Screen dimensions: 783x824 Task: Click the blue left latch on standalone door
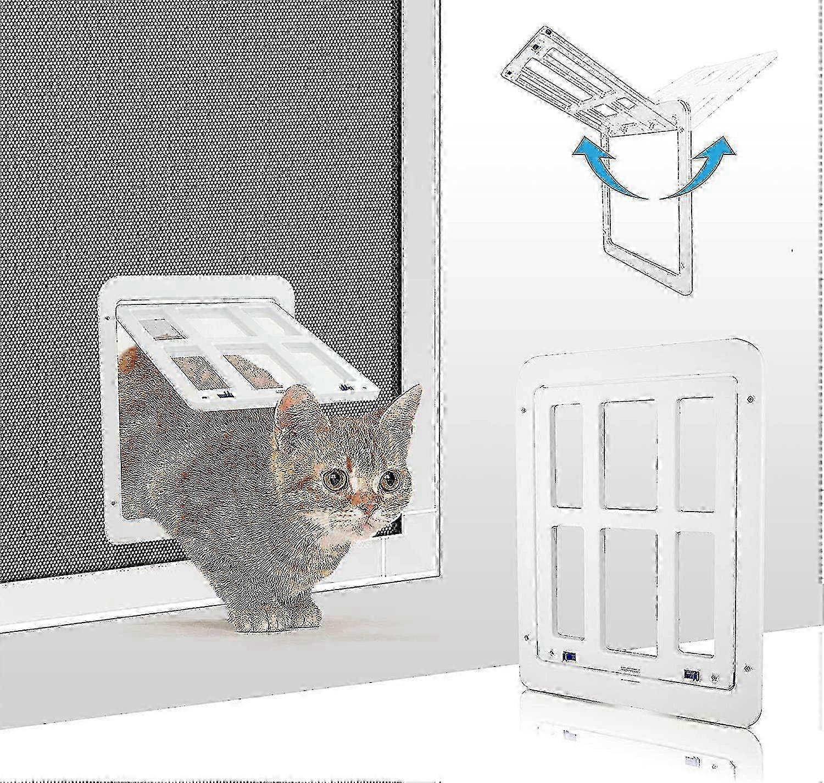click(x=569, y=657)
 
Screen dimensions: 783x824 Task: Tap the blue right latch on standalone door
click(x=689, y=674)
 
